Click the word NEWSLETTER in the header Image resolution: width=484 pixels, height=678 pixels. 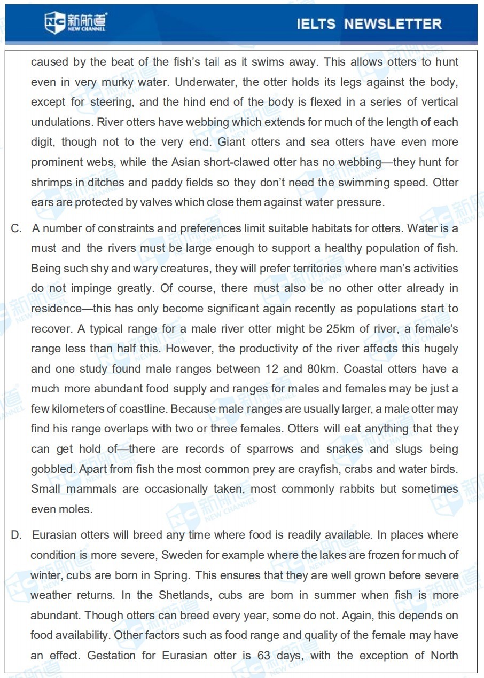pos(393,24)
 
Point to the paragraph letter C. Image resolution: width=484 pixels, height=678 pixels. pos(17,228)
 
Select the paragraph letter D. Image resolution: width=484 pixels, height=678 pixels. pos(17,535)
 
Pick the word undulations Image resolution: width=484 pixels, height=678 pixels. pos(62,122)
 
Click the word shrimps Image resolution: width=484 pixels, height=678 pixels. pos(51,183)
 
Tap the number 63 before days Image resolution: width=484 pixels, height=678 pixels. pos(264,655)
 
